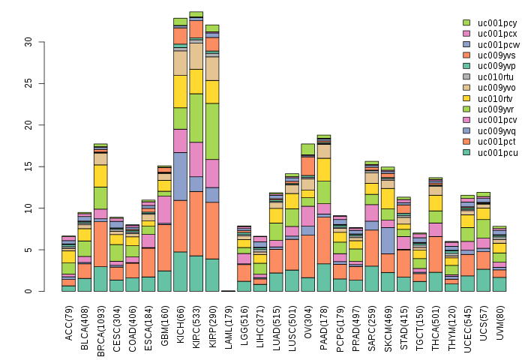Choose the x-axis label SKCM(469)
point(388,323)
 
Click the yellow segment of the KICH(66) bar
point(180,91)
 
